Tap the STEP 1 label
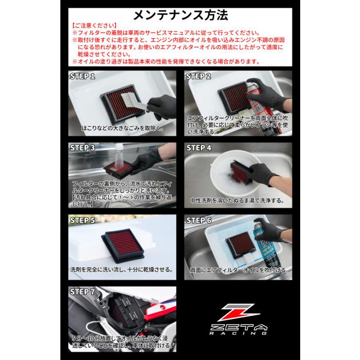coord(83,76)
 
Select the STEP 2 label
coord(198,76)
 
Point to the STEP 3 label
coord(83,148)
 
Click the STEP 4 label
coord(199,148)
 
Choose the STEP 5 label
coord(83,220)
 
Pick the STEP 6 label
coord(199,220)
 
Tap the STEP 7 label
coord(83,291)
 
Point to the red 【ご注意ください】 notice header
coord(94,25)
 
